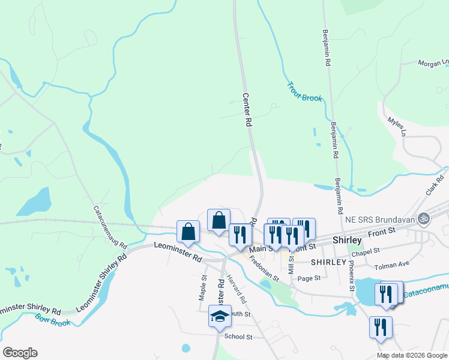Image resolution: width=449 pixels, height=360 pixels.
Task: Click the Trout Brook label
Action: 305,92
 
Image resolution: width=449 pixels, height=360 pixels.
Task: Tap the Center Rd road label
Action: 247,109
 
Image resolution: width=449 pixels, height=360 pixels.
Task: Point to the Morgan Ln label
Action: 433,62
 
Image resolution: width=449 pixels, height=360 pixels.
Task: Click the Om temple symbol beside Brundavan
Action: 425,217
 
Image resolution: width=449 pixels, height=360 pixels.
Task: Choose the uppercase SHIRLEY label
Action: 329,262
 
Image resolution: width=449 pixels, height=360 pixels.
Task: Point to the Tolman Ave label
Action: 391,265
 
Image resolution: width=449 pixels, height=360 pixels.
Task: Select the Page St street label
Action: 309,278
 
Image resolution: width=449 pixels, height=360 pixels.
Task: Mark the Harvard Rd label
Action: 237,289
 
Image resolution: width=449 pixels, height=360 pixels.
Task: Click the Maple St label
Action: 203,287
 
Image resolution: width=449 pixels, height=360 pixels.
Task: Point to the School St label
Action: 238,337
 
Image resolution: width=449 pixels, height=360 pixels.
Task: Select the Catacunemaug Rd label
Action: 110,228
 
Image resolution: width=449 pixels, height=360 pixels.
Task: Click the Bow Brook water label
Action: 53,319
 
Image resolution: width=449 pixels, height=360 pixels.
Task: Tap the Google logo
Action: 20,352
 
